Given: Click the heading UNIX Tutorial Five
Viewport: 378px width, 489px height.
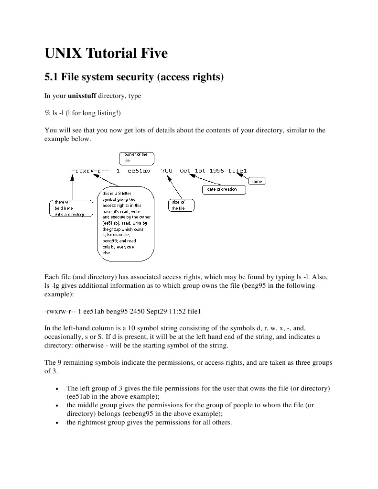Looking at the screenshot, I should coord(106,54).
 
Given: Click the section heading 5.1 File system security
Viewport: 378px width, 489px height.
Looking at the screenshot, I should coord(134,76).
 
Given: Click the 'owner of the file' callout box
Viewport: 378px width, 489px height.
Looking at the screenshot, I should coord(136,158).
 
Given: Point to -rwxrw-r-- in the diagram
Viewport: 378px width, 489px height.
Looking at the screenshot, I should coord(91,171).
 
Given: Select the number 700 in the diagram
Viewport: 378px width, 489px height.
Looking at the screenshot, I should coord(167,171).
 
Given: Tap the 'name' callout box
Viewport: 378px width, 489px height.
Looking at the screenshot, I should coord(257,182).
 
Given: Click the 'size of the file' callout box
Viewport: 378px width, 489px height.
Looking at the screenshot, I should coord(181,206).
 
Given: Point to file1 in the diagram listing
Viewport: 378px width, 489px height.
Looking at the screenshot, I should coord(238,171).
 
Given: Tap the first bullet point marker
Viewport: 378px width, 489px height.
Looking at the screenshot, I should coord(57,389).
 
